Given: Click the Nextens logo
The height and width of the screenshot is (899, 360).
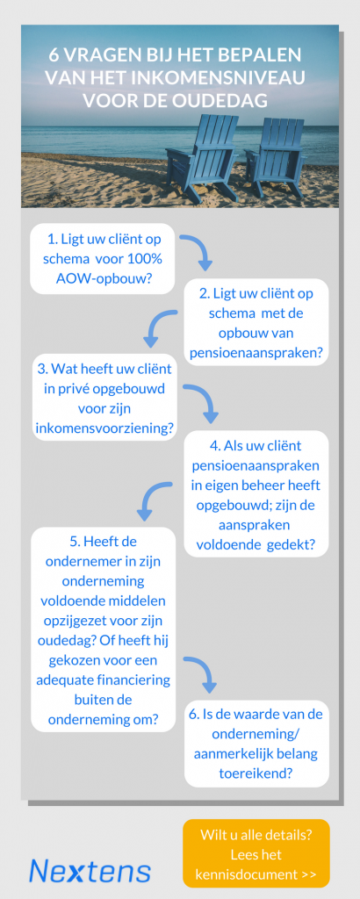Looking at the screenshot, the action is (x=90, y=870).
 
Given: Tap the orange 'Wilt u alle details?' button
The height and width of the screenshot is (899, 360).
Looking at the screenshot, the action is (x=256, y=852).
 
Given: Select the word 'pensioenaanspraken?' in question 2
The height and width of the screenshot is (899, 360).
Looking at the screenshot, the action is (x=256, y=354).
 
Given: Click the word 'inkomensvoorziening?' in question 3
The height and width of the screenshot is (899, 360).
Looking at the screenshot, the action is (x=104, y=428).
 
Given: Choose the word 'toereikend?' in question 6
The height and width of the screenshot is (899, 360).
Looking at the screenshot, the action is (x=256, y=773).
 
